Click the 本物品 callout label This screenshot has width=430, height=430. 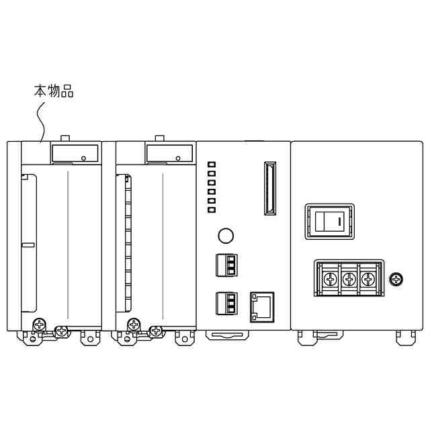click(x=54, y=91)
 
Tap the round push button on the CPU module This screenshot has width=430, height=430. click(x=226, y=236)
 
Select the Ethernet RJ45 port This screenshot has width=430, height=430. click(x=262, y=307)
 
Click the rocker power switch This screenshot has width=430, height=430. click(x=330, y=222)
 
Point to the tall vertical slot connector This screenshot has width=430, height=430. click(x=270, y=188)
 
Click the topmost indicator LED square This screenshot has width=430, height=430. click(x=212, y=165)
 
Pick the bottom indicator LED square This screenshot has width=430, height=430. click(x=212, y=210)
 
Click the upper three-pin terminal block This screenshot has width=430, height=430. click(x=226, y=265)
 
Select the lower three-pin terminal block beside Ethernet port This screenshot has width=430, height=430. click(x=226, y=303)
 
